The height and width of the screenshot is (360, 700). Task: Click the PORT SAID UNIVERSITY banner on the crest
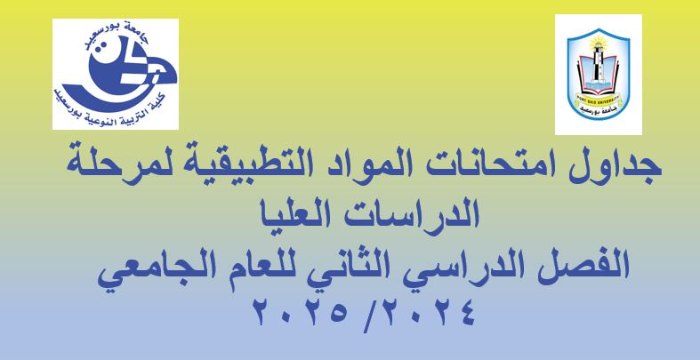599,98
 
